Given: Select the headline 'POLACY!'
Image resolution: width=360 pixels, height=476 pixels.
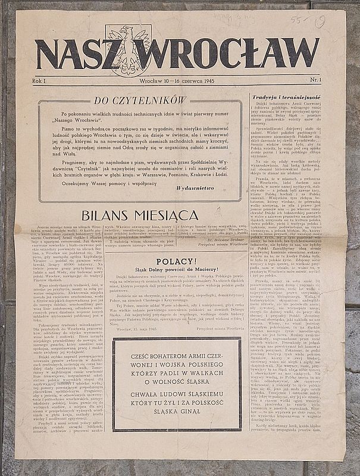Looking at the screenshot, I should [x=173, y=261].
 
